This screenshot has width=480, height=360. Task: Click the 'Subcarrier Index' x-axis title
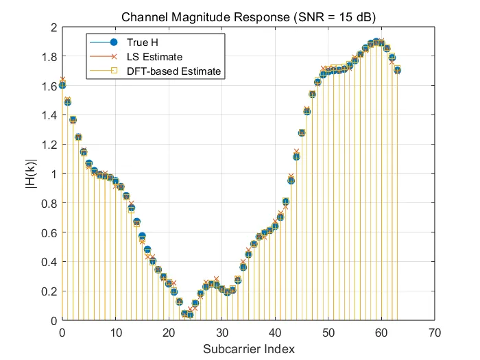248,349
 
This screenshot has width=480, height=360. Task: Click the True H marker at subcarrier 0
62,86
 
